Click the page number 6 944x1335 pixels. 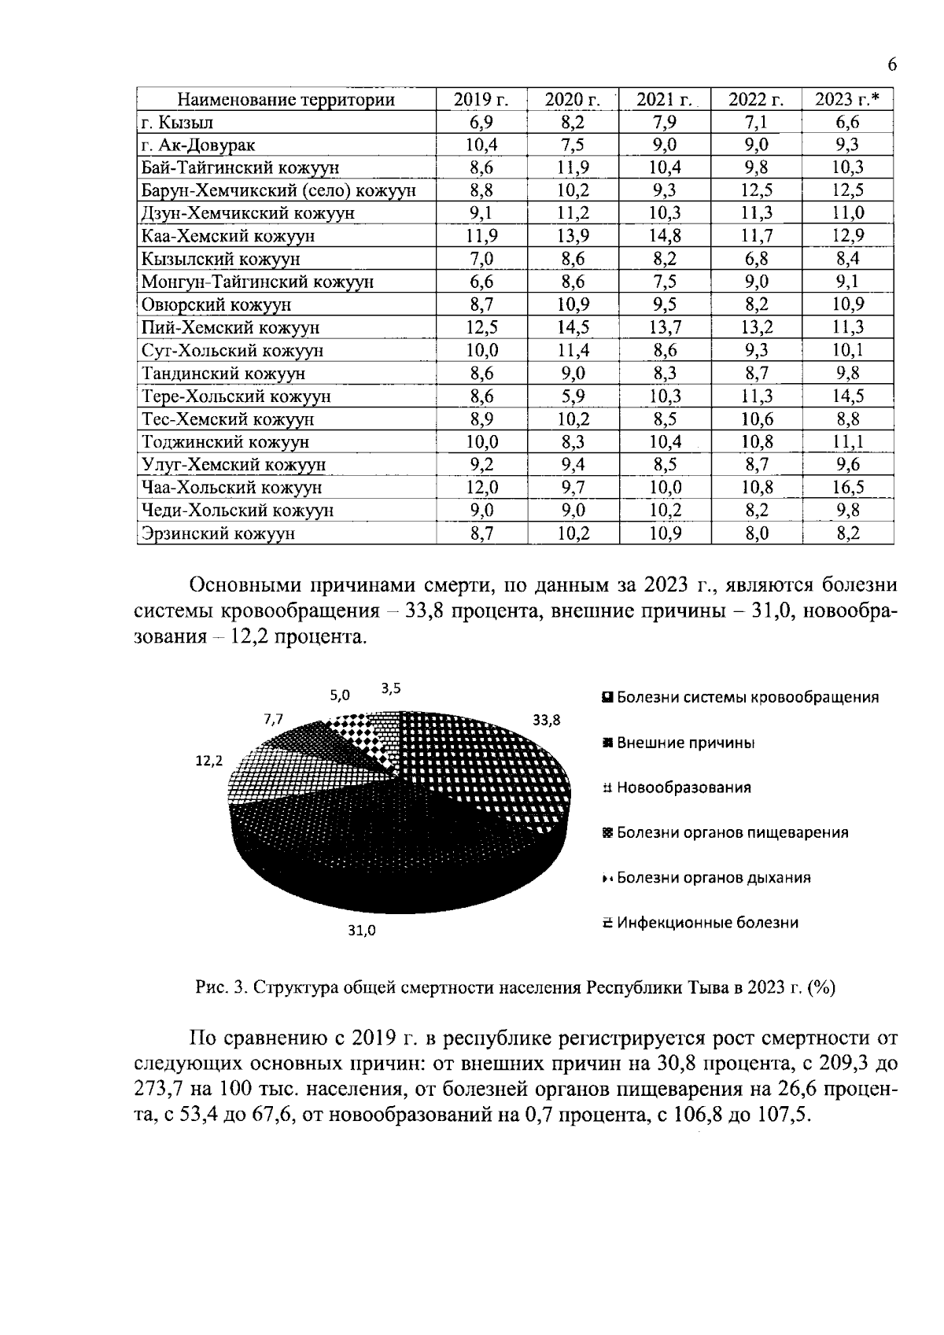coord(891,65)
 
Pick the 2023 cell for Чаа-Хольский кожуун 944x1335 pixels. coord(848,488)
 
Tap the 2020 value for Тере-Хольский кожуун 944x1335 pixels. coord(573,396)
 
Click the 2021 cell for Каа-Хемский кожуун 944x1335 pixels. coord(665,236)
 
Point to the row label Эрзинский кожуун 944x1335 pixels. coord(218,534)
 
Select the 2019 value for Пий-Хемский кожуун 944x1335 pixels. coord(481,328)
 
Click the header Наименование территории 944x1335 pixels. coord(286,100)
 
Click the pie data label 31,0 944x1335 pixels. coord(362,931)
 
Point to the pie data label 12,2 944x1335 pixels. coord(209,761)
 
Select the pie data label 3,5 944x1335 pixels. coord(391,688)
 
